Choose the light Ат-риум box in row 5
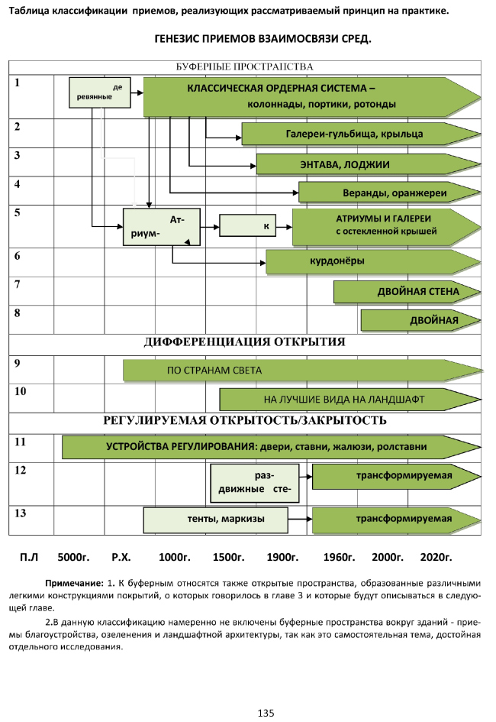coord(162,226)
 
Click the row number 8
coord(17,313)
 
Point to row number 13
coord(21,511)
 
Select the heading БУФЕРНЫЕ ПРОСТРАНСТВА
coord(245,67)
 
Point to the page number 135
coord(266,713)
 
